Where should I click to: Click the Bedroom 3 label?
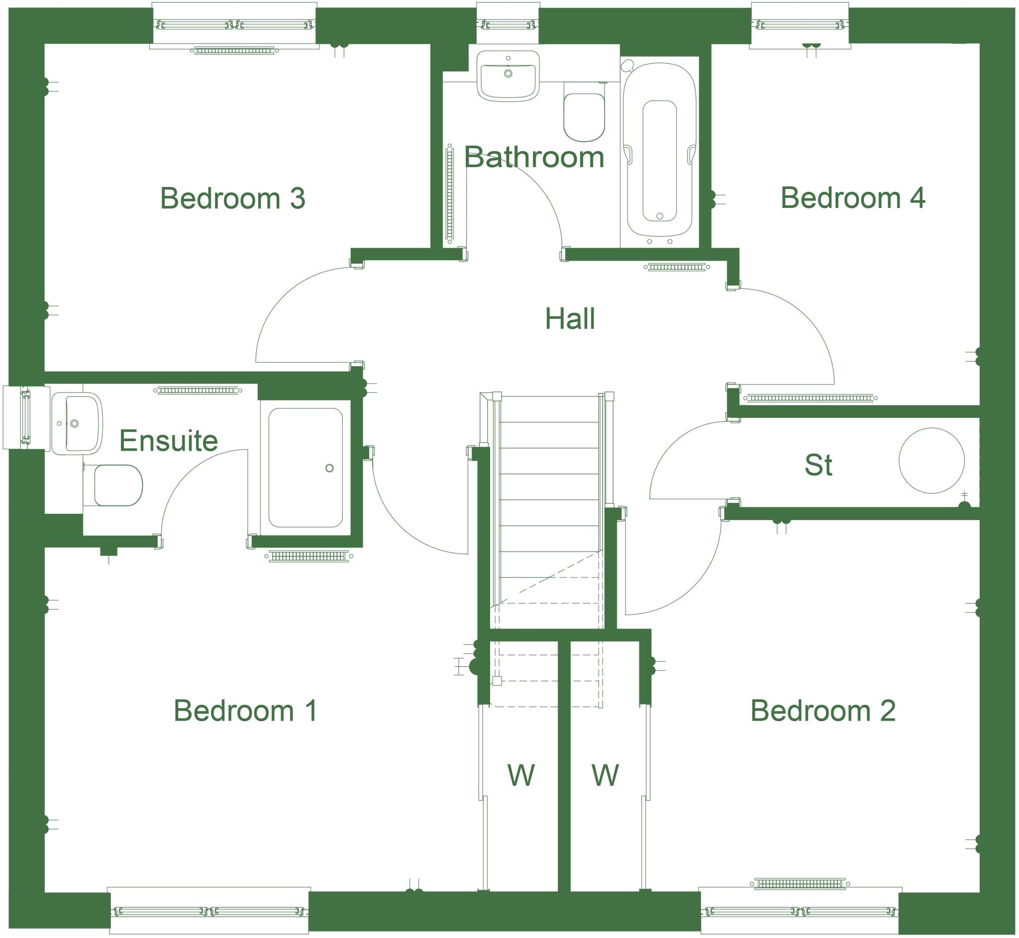[x=232, y=198]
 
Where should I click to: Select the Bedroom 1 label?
[x=246, y=711]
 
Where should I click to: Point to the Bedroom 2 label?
[x=822, y=711]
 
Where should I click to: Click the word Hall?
[x=570, y=319]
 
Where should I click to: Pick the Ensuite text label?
[x=169, y=441]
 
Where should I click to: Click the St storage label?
[x=818, y=465]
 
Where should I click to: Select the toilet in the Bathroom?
[x=584, y=117]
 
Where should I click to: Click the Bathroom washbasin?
[x=508, y=76]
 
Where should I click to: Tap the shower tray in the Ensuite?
[x=305, y=468]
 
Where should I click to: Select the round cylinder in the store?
[x=931, y=461]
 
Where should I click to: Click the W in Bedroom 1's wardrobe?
[x=521, y=775]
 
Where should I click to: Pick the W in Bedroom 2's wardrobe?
[x=605, y=775]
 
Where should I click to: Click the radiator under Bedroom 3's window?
[x=234, y=51]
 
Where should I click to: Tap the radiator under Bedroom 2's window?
[x=800, y=884]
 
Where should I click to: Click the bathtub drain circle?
[x=660, y=216]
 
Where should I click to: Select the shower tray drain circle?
[x=329, y=468]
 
